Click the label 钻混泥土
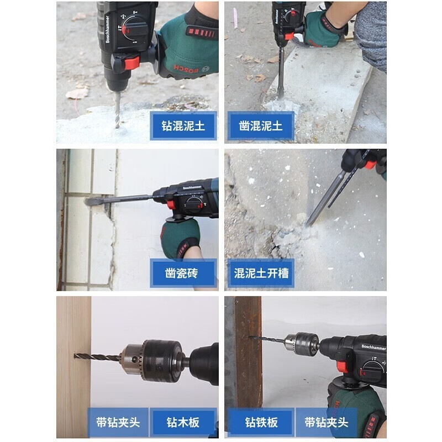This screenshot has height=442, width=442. coord(183,126)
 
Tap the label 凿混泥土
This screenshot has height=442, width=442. coord(261,126)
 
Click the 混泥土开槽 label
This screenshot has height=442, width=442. coord(261,273)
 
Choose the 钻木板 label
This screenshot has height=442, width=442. coord(183,423)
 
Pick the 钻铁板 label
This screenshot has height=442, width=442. coord(261,423)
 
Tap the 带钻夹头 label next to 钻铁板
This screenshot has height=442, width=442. coord(327,423)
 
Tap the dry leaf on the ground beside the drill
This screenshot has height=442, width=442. coord(77,93)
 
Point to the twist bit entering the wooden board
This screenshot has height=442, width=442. coord(97,357)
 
